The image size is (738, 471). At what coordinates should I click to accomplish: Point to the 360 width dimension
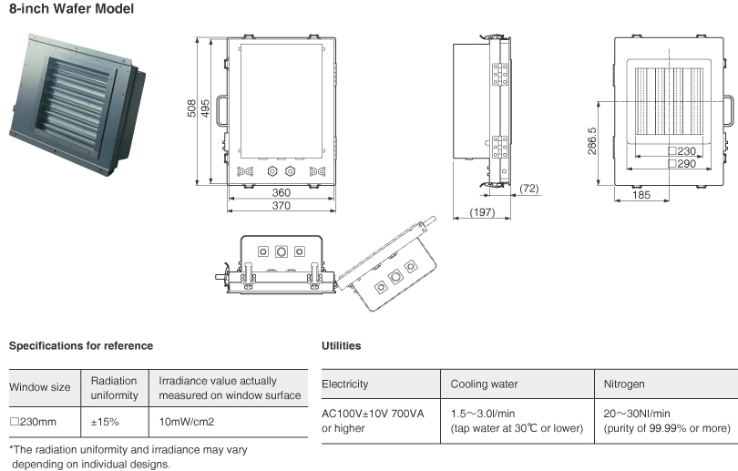280,193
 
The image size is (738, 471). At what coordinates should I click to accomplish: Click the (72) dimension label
530,188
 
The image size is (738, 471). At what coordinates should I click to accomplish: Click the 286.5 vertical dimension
592,140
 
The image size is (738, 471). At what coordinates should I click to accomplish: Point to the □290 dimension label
682,164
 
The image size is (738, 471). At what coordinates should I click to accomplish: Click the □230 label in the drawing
682,151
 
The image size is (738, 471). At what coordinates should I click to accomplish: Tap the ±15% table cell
114,422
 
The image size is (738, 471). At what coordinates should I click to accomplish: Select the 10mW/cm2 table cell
188,422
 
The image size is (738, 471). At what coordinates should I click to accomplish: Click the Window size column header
39,387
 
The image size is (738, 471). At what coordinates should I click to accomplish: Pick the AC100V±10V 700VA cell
374,413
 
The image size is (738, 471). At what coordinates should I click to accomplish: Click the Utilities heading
342,346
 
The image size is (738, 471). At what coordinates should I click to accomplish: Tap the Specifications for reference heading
81,346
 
